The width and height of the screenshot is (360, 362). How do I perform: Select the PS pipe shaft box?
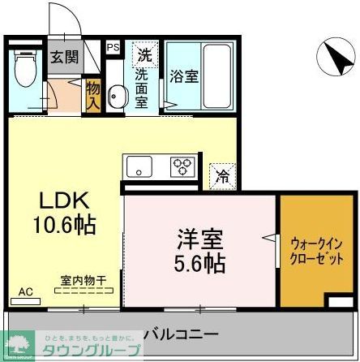coord(113,48)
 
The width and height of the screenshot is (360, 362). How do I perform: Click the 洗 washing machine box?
coord(144,56)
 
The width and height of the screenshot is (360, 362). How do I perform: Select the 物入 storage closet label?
coord(93,96)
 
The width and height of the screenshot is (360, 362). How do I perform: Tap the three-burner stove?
coord(181,167)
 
